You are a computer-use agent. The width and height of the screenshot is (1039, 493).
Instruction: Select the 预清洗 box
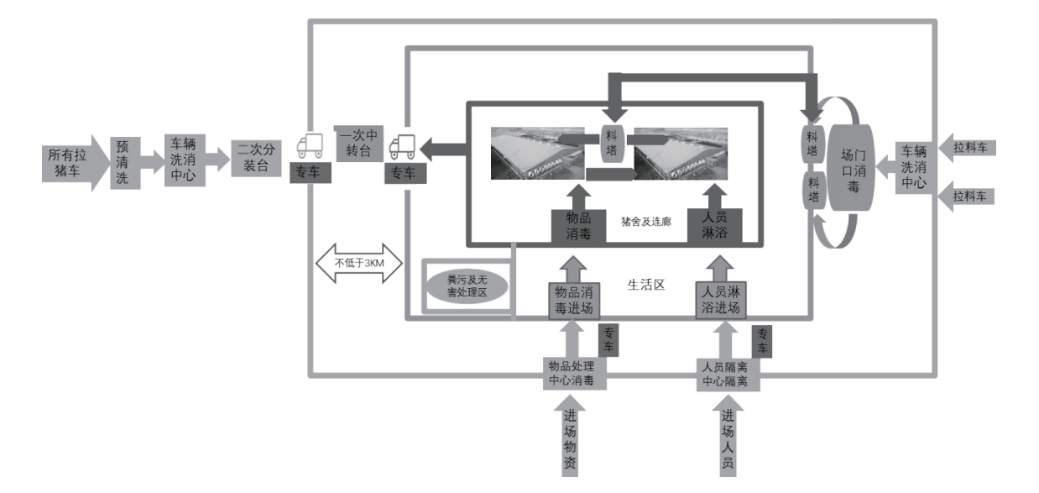click(125, 161)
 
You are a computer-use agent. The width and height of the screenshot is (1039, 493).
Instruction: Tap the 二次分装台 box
click(254, 158)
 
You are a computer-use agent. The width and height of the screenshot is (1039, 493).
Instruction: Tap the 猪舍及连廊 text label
click(646, 222)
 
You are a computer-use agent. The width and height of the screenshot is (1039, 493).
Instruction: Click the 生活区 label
click(646, 284)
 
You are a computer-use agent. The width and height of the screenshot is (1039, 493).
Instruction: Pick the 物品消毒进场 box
click(574, 300)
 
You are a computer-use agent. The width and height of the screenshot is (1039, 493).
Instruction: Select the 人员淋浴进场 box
click(721, 300)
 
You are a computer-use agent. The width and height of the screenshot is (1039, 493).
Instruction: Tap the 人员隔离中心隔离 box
click(728, 374)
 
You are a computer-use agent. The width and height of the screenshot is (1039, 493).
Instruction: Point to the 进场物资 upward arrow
click(570, 437)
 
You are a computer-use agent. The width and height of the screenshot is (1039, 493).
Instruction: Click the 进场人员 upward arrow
click(728, 437)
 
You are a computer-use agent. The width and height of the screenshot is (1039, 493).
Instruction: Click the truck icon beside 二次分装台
click(310, 147)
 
